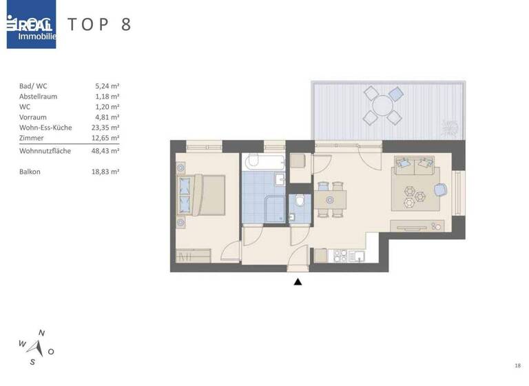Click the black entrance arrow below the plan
pos(298,281)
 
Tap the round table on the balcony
pos(381,105)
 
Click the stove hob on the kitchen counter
pos(340,256)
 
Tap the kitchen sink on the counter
pos(356,256)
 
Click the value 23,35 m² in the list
pos(107,128)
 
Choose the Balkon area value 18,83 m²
pos(107,172)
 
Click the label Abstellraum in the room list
pos(39,96)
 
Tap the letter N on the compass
pos(41,333)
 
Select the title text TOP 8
pos(99,24)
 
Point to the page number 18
pos(517,365)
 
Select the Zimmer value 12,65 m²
pos(107,138)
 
